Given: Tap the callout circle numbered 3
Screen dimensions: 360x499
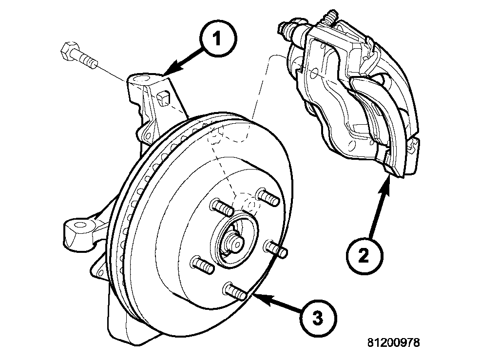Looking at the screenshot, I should point(317,319).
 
